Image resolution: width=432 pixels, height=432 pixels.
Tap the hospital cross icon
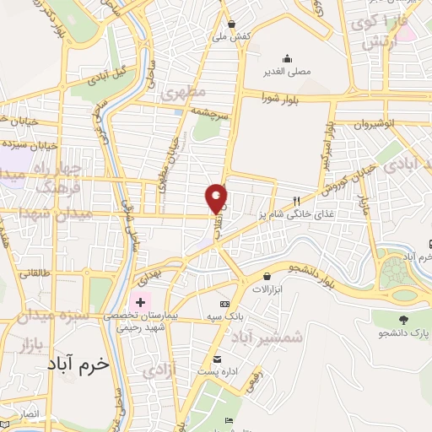coord(139,301)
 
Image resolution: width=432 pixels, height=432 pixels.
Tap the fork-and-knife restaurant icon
coord(296,201)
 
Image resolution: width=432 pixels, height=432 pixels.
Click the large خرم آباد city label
coord(74,364)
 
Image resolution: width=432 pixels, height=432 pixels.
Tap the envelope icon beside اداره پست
coord(217,358)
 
